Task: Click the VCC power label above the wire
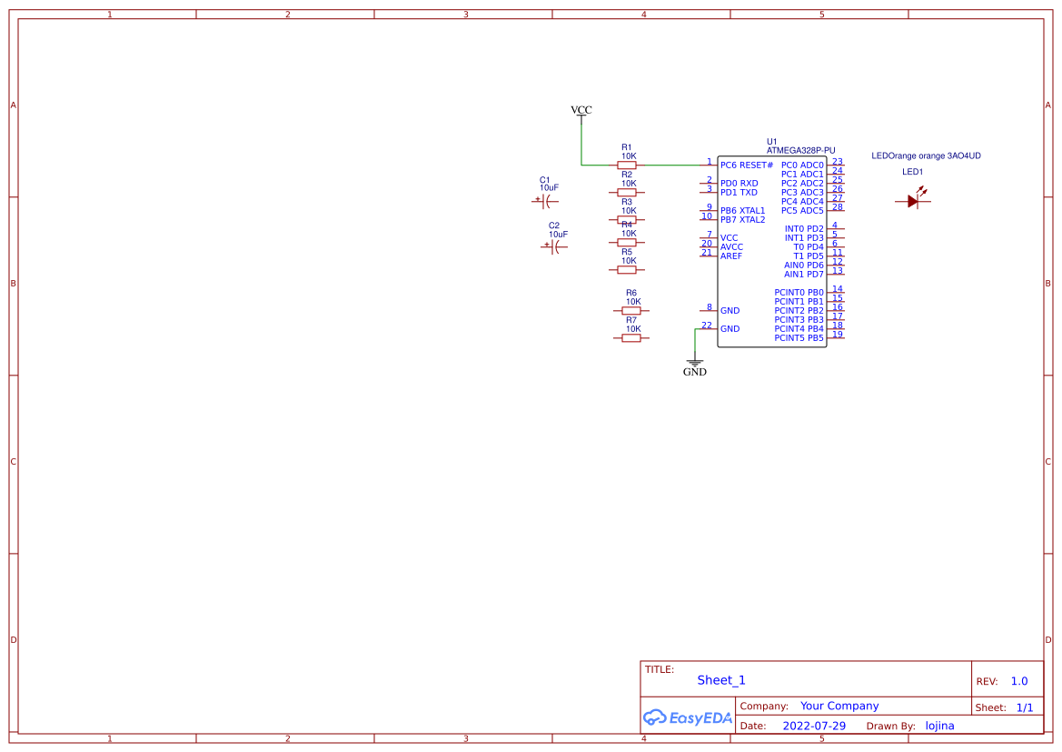pyautogui.click(x=581, y=110)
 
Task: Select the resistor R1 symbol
pyautogui.click(x=626, y=165)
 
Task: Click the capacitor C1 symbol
pyautogui.click(x=546, y=200)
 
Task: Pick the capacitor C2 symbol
pyautogui.click(x=555, y=246)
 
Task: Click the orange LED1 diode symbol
pyautogui.click(x=914, y=201)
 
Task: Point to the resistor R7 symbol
pyautogui.click(x=631, y=337)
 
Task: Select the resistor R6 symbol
pyautogui.click(x=631, y=310)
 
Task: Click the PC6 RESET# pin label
pyautogui.click(x=746, y=165)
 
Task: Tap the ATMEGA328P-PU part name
pyautogui.click(x=800, y=151)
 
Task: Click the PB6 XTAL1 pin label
pyautogui.click(x=742, y=211)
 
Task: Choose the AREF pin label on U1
pyautogui.click(x=731, y=256)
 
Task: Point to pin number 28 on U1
pyautogui.click(x=837, y=207)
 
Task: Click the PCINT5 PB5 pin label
pyautogui.click(x=799, y=338)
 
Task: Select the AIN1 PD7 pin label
pyautogui.click(x=803, y=275)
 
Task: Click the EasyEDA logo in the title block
pyautogui.click(x=687, y=717)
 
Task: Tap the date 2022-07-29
pyautogui.click(x=814, y=726)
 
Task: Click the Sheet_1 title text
pyautogui.click(x=721, y=680)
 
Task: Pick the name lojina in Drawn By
pyautogui.click(x=939, y=726)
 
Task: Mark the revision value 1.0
pyautogui.click(x=1018, y=681)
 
